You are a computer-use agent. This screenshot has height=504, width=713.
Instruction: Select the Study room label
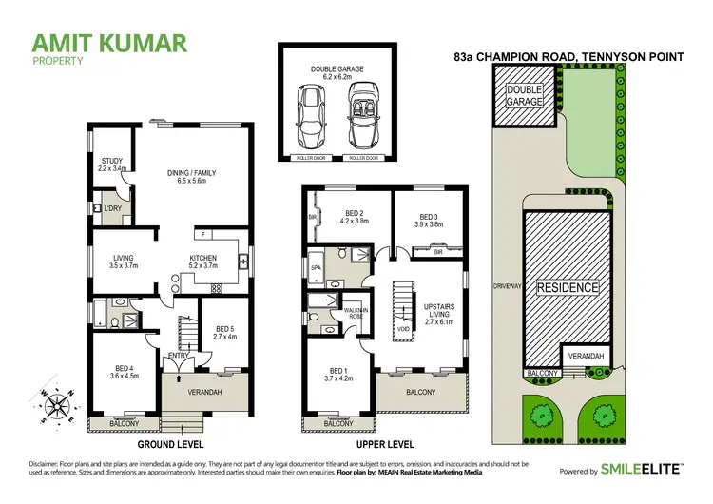pyautogui.click(x=112, y=165)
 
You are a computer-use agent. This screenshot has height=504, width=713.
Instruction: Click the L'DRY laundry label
pyautogui.click(x=112, y=207)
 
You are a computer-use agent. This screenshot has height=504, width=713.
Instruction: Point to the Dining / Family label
pyautogui.click(x=192, y=176)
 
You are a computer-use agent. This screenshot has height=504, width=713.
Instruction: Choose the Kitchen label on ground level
pyautogui.click(x=202, y=262)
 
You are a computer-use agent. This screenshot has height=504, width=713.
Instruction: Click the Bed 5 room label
pyautogui.click(x=225, y=332)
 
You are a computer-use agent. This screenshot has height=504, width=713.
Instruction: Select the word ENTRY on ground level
pyautogui.click(x=179, y=356)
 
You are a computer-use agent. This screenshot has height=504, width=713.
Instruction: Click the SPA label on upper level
pyautogui.click(x=316, y=269)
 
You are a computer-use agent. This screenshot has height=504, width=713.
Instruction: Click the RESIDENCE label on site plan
pyautogui.click(x=568, y=287)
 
